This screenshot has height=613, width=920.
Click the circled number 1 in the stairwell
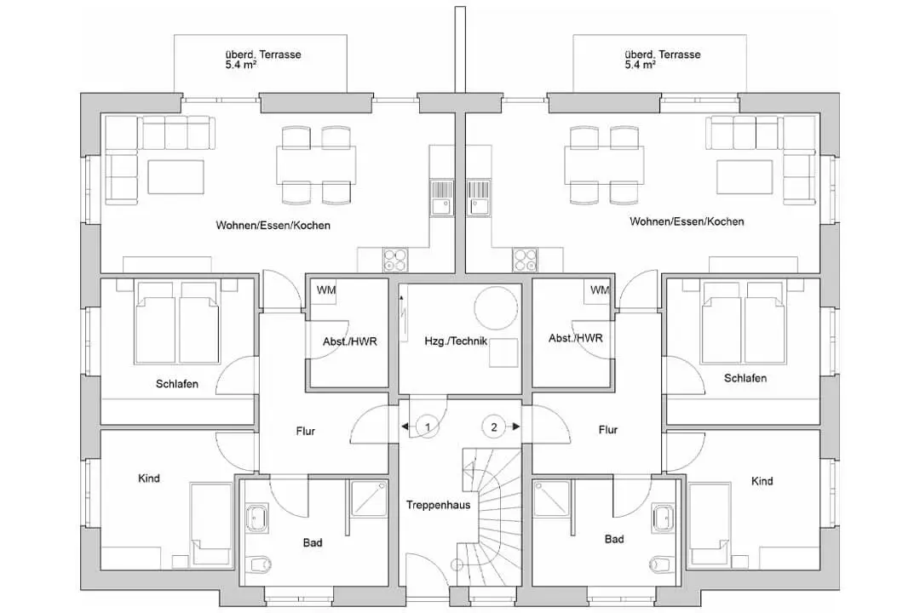(428, 427)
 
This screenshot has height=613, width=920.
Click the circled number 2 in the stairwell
(493, 427)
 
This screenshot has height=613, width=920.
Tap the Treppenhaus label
(439, 505)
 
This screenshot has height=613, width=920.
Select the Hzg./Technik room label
(456, 341)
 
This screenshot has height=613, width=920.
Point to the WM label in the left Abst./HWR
(326, 289)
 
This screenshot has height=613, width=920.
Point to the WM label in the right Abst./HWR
(600, 289)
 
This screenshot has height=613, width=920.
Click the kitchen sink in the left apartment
(442, 198)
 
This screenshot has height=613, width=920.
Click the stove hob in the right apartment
(525, 260)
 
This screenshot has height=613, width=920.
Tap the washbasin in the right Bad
(664, 516)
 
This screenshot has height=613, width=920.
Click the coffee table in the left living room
(176, 176)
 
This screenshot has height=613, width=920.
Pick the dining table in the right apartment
(604, 165)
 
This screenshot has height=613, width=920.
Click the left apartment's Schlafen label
(176, 384)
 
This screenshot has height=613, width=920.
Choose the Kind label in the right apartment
(762, 481)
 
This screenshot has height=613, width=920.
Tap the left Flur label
(305, 431)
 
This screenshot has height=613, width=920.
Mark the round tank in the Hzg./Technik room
(496, 309)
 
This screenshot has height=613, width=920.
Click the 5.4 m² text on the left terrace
(241, 65)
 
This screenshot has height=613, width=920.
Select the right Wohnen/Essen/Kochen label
(687, 221)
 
